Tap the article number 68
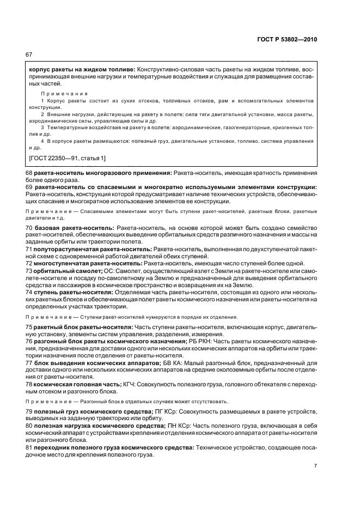[x=29, y=173]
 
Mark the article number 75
[x=29, y=327]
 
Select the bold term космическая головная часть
[x=74, y=385]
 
